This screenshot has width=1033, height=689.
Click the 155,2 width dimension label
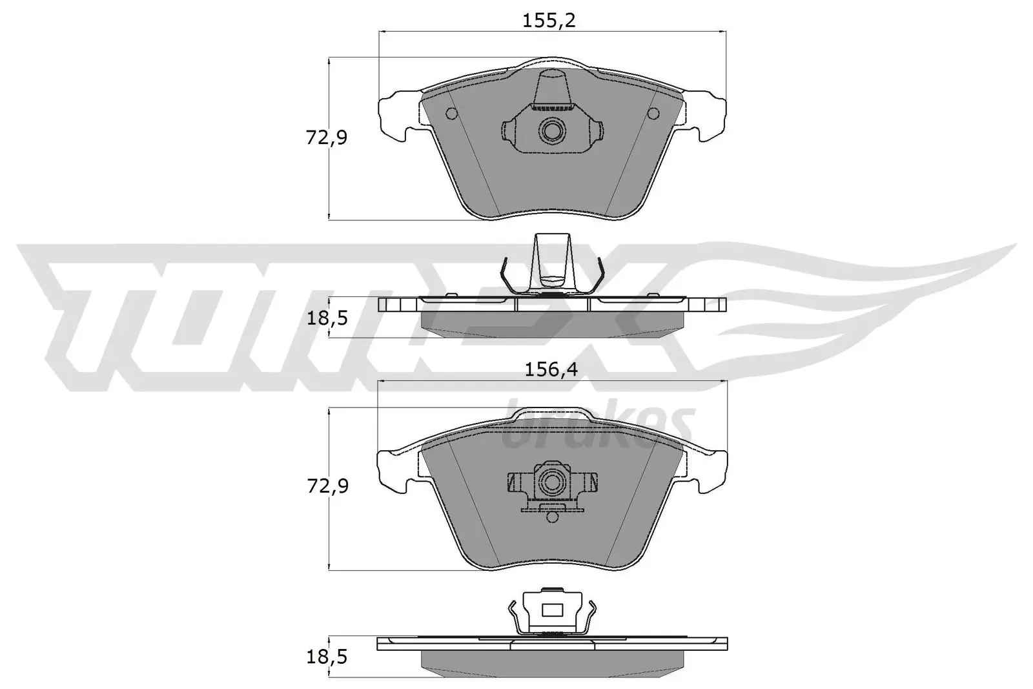tap(548, 21)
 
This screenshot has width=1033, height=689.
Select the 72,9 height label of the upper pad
tap(327, 137)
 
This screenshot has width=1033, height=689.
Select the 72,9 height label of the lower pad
tap(327, 486)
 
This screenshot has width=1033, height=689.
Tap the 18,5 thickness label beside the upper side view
tap(327, 317)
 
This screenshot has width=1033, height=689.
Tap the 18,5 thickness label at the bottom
tap(327, 657)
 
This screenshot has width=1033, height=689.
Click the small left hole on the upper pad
tap(451, 114)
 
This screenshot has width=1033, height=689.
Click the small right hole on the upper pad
tap(653, 114)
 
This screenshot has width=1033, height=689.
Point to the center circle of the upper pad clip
tap(552, 131)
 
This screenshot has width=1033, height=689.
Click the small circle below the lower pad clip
tap(552, 517)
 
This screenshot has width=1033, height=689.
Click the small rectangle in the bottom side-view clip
tap(552, 610)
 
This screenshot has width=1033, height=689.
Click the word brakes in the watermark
tap(597, 427)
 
